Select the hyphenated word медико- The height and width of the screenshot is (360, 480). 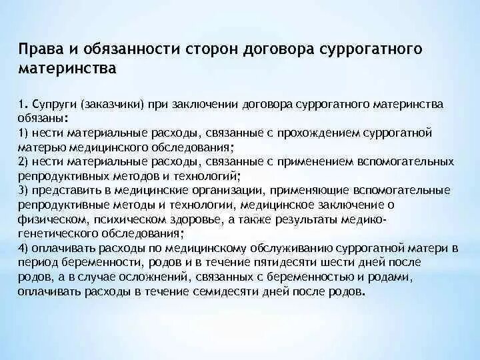[364, 219]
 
